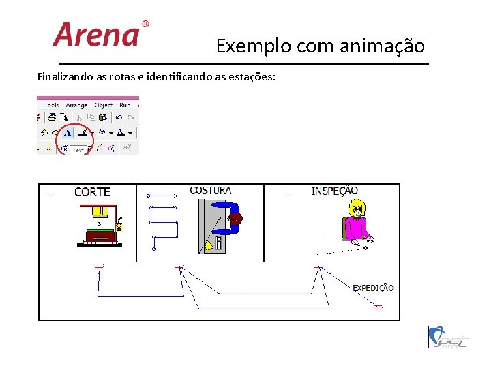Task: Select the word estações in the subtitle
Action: click(252, 76)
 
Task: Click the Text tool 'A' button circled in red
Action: click(68, 133)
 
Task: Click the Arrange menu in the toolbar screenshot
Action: click(76, 106)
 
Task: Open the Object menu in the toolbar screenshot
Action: click(104, 106)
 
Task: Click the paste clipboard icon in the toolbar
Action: click(104, 117)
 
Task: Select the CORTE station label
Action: click(92, 192)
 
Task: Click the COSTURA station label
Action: click(210, 191)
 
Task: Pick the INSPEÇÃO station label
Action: click(334, 191)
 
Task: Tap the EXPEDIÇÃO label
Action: click(373, 288)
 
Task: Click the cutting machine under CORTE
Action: click(100, 225)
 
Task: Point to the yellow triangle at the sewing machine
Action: click(207, 245)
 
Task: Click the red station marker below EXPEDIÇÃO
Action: click(378, 307)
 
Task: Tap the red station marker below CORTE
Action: click(100, 265)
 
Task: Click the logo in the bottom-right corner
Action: click(448, 337)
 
